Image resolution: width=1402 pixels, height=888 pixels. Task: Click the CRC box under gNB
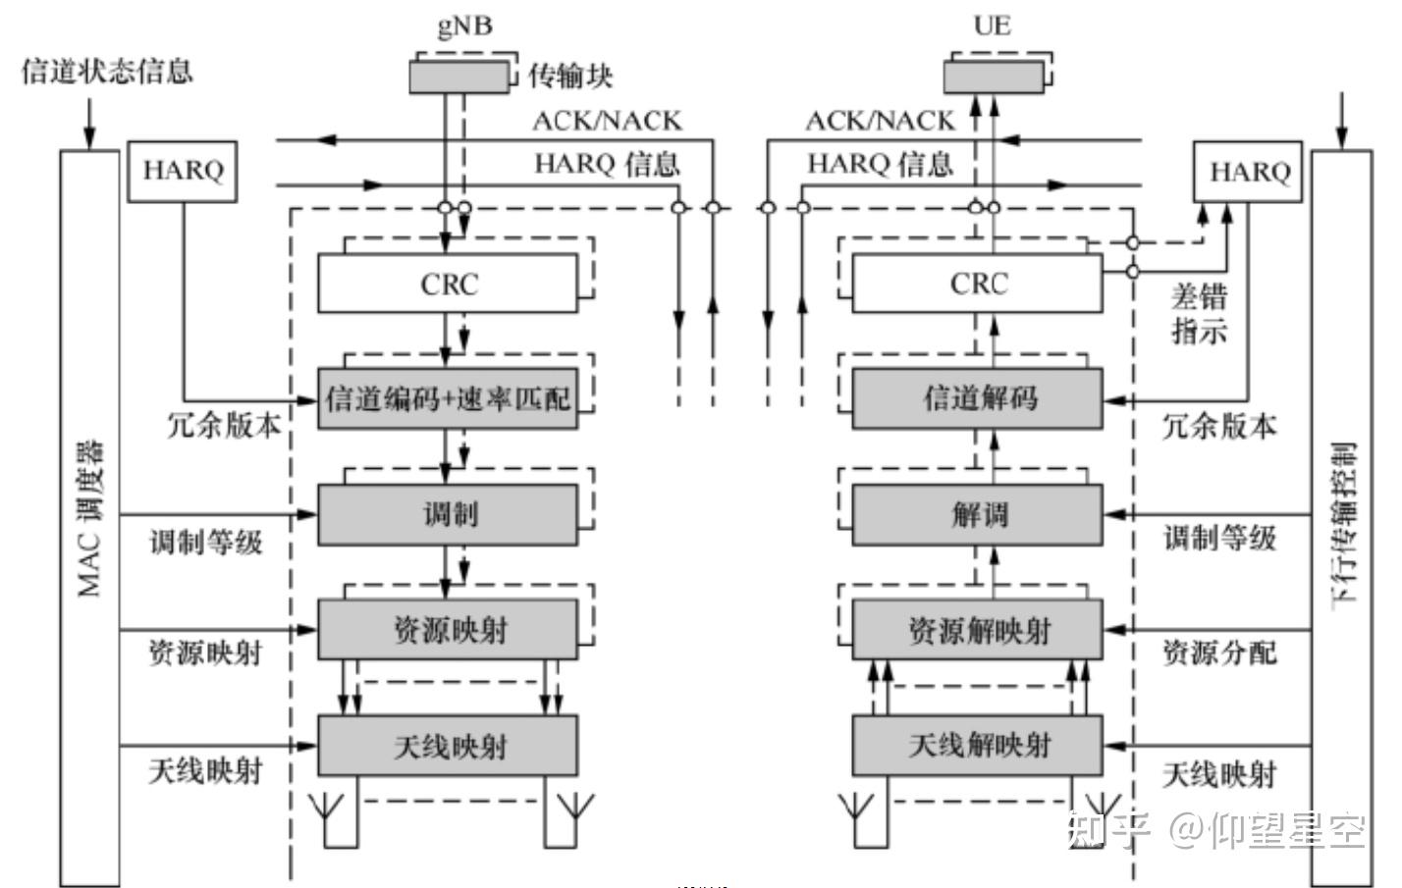(x=448, y=284)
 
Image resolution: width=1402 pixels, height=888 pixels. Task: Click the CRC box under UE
(x=977, y=284)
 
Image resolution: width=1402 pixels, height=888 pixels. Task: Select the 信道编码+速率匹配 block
(x=448, y=398)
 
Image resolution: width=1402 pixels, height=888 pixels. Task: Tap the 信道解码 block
(x=977, y=398)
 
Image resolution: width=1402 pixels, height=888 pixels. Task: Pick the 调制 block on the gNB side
(x=448, y=514)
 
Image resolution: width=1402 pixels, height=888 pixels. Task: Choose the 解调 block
(x=977, y=514)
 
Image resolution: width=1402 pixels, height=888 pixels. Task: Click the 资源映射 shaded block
(x=448, y=630)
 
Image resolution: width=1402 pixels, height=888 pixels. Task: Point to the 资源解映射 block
(x=977, y=630)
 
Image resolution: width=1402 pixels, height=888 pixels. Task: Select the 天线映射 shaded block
(x=448, y=746)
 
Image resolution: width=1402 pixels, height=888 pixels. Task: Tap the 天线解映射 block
(x=977, y=746)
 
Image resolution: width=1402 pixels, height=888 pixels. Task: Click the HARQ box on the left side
(x=183, y=172)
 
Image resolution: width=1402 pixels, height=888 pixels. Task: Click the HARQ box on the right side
(x=1248, y=173)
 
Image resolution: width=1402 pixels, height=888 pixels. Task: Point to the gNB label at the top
(x=464, y=25)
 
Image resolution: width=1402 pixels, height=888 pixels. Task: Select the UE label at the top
(x=992, y=25)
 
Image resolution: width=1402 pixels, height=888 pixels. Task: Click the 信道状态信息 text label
(x=107, y=71)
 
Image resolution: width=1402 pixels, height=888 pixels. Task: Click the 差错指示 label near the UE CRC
(x=1199, y=313)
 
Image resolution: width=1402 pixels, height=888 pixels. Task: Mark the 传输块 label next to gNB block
(x=570, y=76)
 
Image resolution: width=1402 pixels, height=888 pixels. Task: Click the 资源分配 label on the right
(x=1219, y=653)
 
